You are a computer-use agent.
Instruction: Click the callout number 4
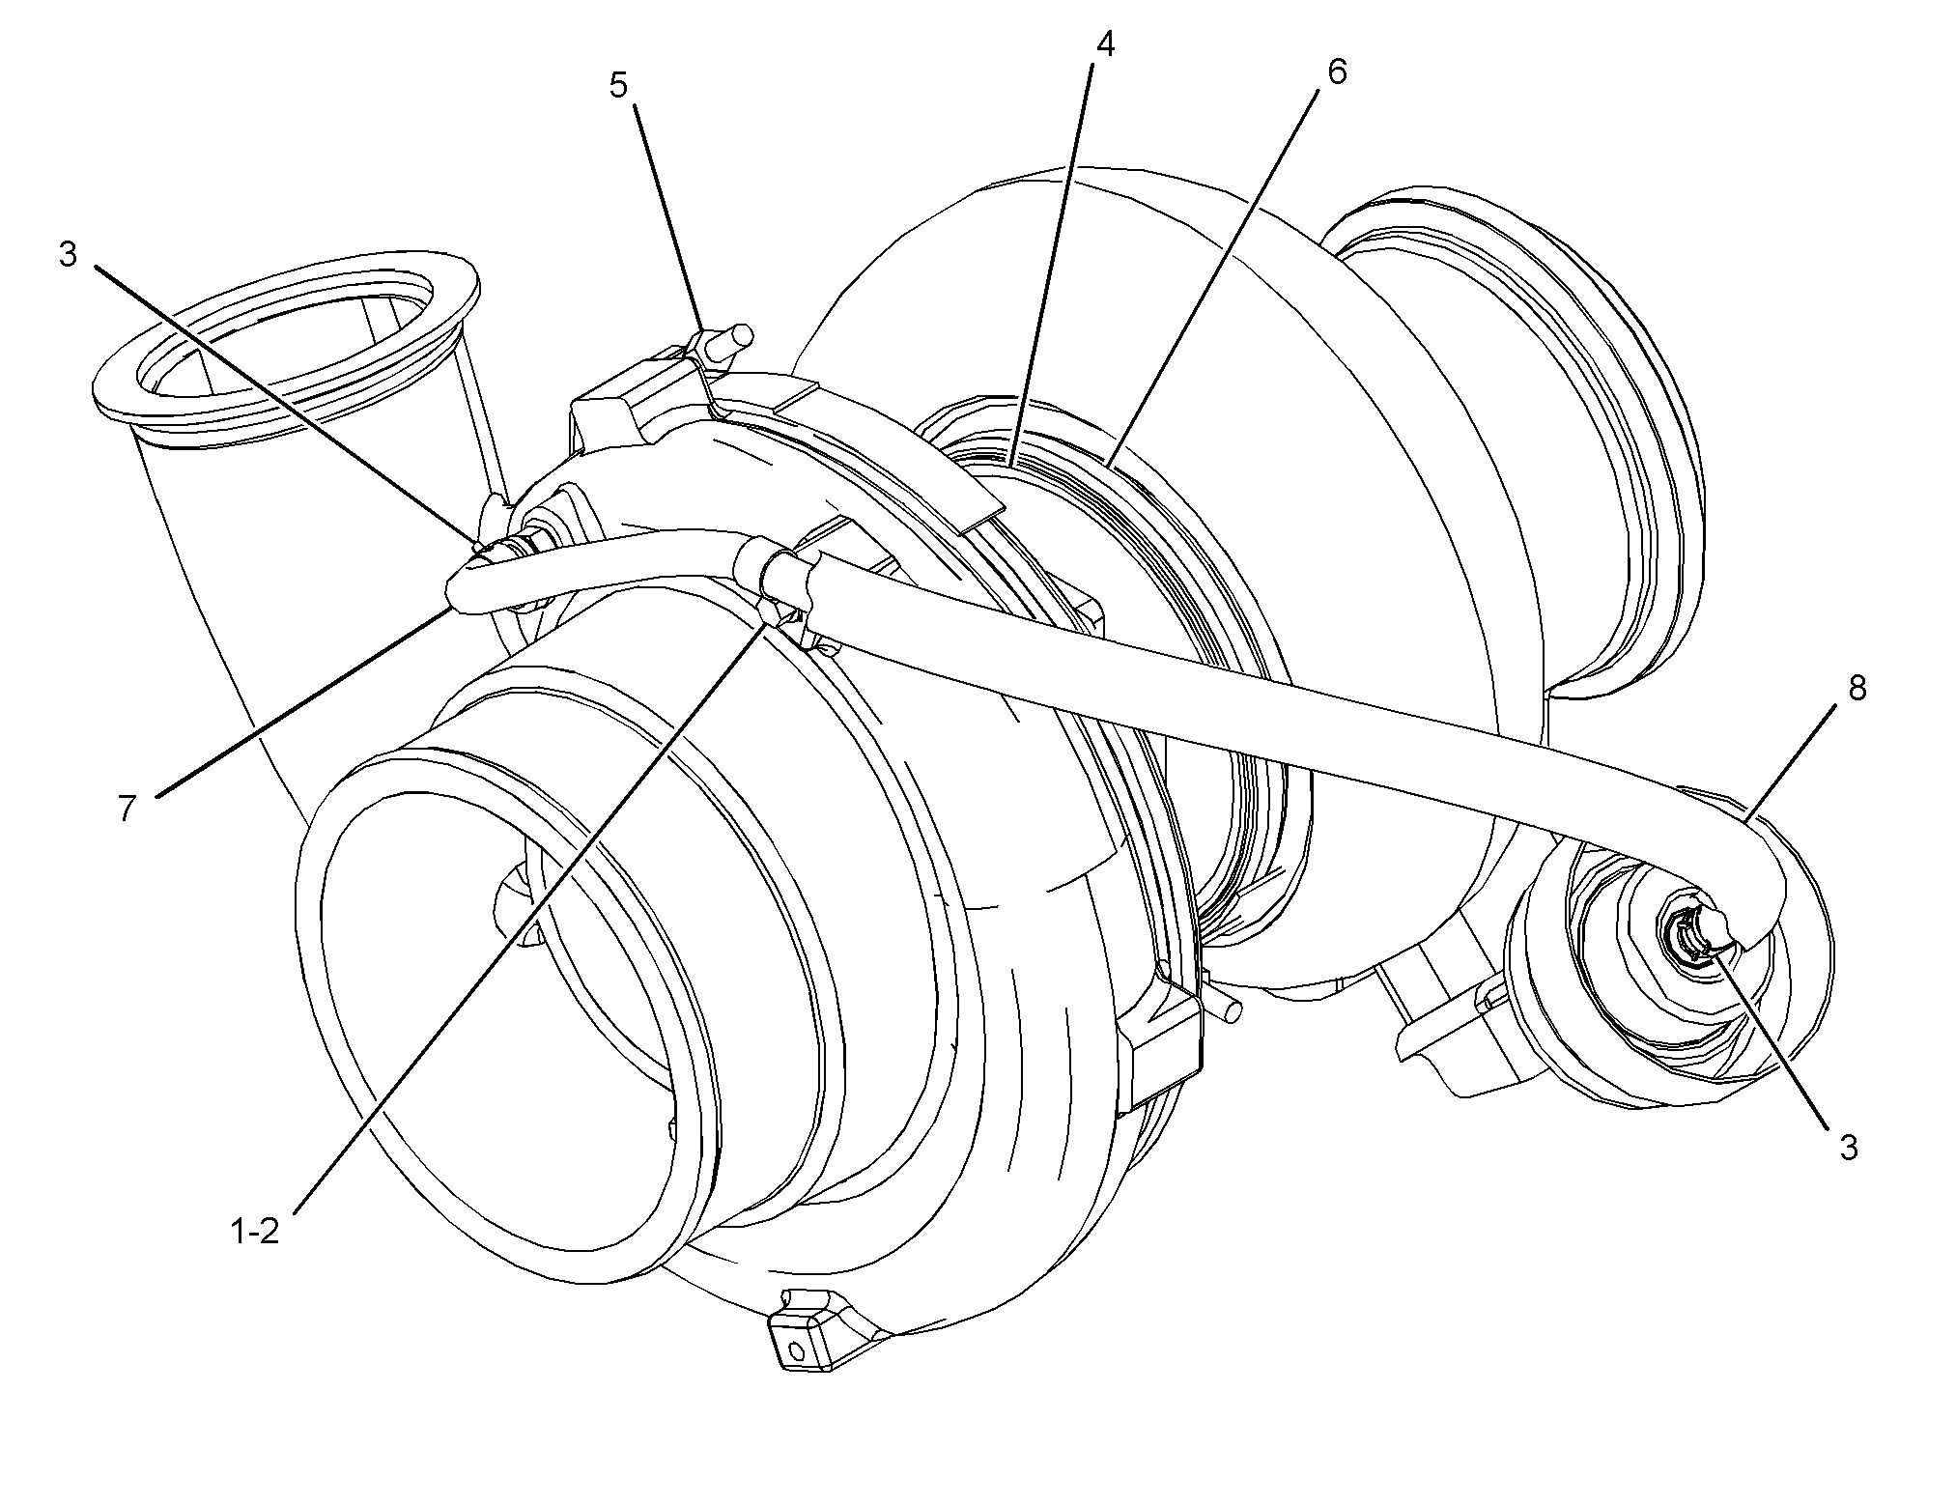(x=1106, y=44)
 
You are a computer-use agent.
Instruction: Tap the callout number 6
(x=1337, y=71)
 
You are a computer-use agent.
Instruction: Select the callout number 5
(x=618, y=85)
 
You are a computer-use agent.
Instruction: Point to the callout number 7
(x=128, y=808)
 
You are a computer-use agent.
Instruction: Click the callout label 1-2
(x=255, y=1231)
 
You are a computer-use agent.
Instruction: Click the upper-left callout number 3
(x=68, y=255)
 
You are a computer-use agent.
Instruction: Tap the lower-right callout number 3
(x=1848, y=1148)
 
